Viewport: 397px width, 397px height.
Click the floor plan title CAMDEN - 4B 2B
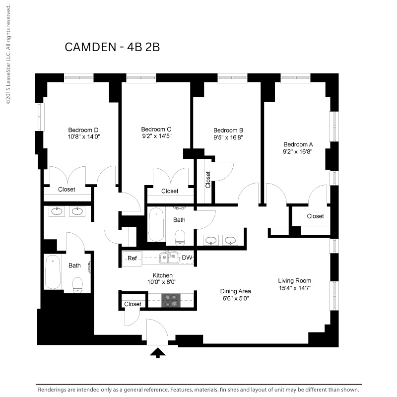click(x=112, y=47)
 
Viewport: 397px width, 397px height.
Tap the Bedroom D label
click(x=83, y=130)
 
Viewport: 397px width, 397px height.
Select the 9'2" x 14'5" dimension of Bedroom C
click(x=157, y=136)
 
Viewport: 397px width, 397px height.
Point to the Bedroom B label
click(x=228, y=131)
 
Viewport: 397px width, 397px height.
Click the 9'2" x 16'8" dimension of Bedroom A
click(x=297, y=152)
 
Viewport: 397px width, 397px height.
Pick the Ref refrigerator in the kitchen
click(x=132, y=259)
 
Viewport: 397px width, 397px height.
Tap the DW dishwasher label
click(x=187, y=258)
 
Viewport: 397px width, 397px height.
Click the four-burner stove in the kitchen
click(x=171, y=301)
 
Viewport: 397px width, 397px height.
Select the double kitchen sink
click(x=169, y=257)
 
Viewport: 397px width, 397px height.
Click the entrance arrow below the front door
click(x=158, y=352)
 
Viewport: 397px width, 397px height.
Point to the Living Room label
click(x=294, y=281)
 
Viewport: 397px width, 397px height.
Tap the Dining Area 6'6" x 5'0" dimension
click(x=236, y=299)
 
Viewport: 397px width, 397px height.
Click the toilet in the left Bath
click(x=77, y=285)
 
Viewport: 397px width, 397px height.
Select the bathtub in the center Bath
click(x=156, y=224)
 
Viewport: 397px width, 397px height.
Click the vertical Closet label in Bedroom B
click(x=208, y=180)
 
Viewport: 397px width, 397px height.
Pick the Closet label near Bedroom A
click(x=315, y=216)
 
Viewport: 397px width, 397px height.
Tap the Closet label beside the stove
click(x=132, y=304)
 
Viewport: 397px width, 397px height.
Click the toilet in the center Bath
click(x=180, y=238)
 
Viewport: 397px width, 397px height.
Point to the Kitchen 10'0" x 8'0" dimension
click(x=162, y=282)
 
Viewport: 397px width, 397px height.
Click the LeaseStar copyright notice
click(x=8, y=55)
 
